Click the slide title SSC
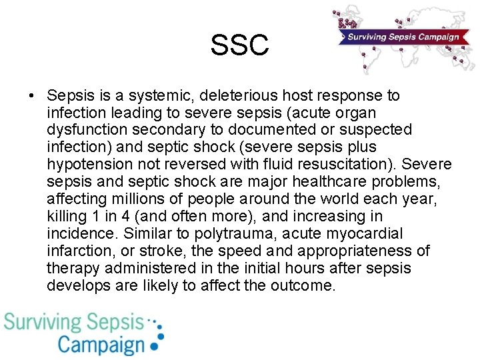click(239, 45)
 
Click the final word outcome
click(303, 286)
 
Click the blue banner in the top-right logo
click(401, 37)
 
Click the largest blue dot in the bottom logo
click(155, 346)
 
